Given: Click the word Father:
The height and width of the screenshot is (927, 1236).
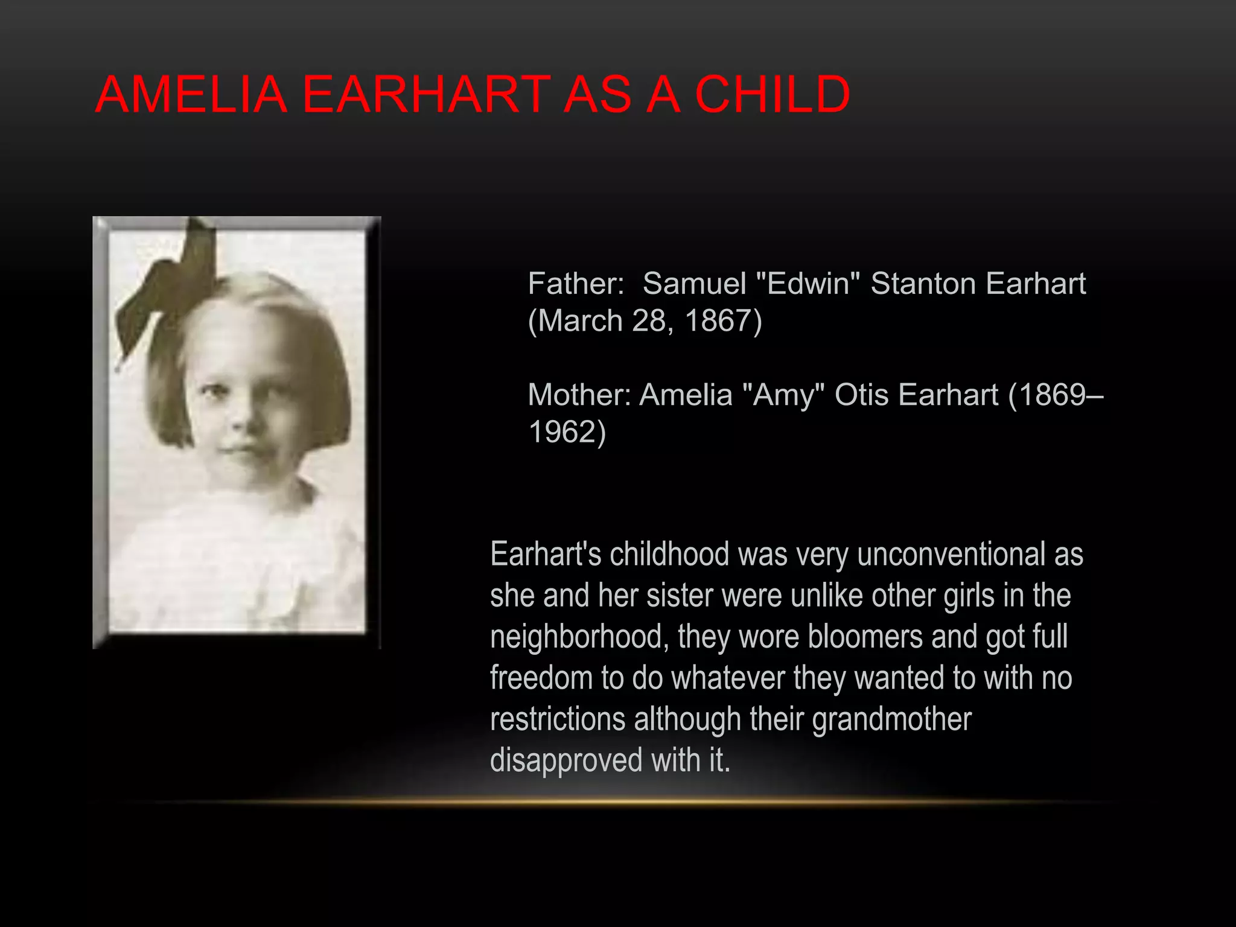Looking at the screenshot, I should pyautogui.click(x=576, y=284).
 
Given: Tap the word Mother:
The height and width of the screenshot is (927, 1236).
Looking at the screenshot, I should pyautogui.click(x=578, y=395).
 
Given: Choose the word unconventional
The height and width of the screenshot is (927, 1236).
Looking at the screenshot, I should pyautogui.click(x=951, y=554).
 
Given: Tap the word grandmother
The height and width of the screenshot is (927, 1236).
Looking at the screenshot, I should pyautogui.click(x=891, y=719).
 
